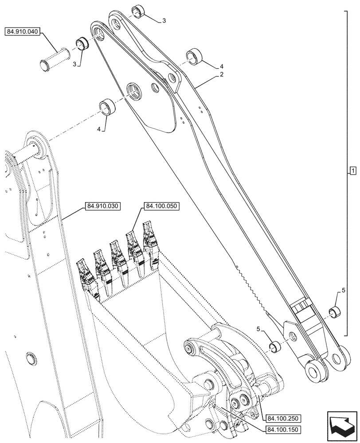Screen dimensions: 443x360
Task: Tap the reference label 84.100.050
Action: (x=160, y=206)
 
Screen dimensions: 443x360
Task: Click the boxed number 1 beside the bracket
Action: (x=352, y=171)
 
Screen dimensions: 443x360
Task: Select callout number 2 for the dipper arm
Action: (x=221, y=75)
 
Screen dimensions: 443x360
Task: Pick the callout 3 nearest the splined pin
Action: (x=75, y=64)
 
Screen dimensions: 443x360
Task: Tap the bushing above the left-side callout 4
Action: (x=107, y=107)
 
